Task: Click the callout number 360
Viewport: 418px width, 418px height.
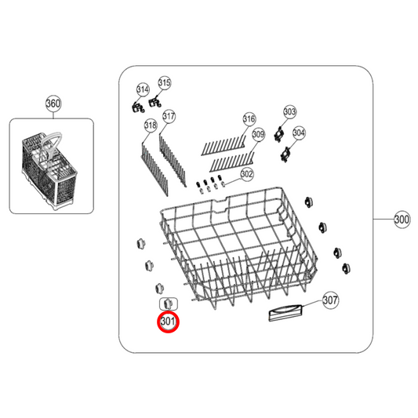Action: point(53,104)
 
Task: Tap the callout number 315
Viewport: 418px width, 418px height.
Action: point(165,82)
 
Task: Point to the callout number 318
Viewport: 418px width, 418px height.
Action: point(150,125)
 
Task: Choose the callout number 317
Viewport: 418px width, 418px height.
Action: point(169,117)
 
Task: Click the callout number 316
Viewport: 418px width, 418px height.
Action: point(249,119)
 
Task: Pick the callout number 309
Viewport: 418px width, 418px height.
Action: point(258,135)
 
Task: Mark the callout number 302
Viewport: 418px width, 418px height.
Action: point(246,173)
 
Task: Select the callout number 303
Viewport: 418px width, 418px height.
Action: point(289,112)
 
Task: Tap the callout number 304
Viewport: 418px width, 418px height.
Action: point(298,133)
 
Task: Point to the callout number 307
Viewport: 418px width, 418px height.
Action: point(330,300)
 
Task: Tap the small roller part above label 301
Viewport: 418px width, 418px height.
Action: point(167,303)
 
